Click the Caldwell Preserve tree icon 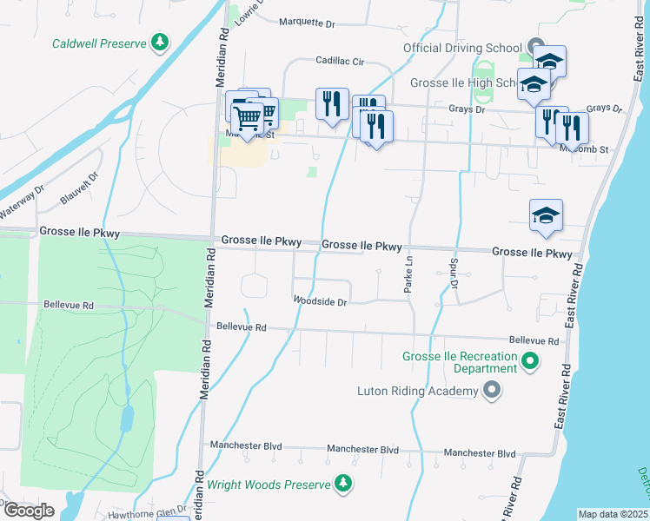tap(159, 42)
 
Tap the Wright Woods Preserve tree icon tap(344, 484)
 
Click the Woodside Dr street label tap(321, 302)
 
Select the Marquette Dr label tap(307, 23)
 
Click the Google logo tap(28, 511)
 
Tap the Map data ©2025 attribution tap(614, 514)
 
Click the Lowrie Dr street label tap(251, 15)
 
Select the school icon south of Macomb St tap(546, 217)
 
